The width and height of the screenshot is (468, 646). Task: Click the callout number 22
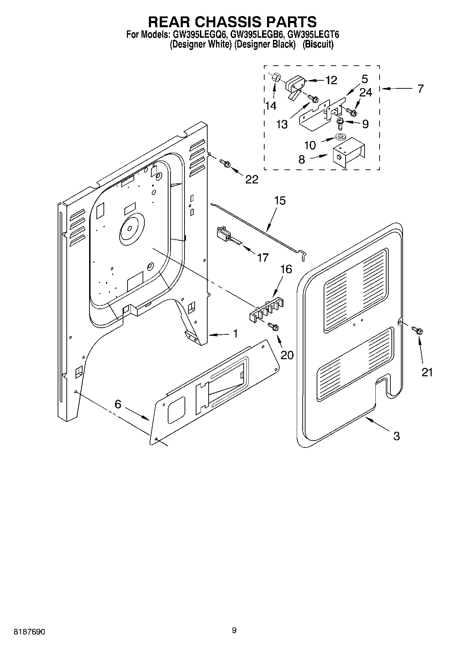[252, 180]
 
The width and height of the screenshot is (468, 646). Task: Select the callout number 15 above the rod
[280, 201]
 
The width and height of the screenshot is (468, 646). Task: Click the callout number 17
[262, 258]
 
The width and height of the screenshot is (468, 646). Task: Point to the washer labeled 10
[340, 136]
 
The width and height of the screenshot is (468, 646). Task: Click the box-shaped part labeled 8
[348, 153]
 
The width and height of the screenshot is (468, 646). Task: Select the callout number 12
[331, 80]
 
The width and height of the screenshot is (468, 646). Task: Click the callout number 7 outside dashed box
[420, 88]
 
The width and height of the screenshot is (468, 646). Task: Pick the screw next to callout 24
[351, 112]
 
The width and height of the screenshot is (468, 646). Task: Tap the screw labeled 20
[274, 327]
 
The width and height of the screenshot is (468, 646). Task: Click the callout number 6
[118, 404]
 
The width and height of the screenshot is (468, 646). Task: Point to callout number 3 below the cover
[396, 436]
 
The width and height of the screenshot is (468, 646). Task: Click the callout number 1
[236, 334]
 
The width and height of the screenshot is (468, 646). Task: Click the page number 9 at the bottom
[234, 630]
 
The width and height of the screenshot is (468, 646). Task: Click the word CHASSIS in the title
[232, 22]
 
